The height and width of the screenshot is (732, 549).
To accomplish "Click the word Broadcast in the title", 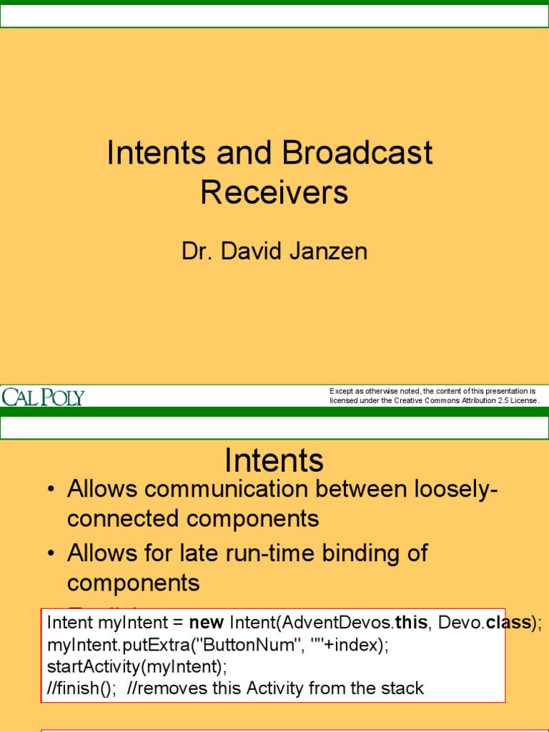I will [x=357, y=153].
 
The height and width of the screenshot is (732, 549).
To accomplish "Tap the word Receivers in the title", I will [x=274, y=192].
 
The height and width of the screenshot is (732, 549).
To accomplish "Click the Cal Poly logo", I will [x=44, y=397].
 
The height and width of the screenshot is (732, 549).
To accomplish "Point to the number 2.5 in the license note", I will [x=503, y=400].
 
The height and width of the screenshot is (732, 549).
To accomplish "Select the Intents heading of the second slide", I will [x=274, y=460].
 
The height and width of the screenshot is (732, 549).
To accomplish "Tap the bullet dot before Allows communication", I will [x=51, y=491].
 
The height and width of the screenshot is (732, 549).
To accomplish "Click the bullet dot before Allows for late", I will [x=51, y=553].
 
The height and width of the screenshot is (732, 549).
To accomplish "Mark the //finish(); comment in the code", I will [x=81, y=688].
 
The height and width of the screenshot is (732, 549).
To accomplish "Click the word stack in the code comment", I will [x=405, y=688].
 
